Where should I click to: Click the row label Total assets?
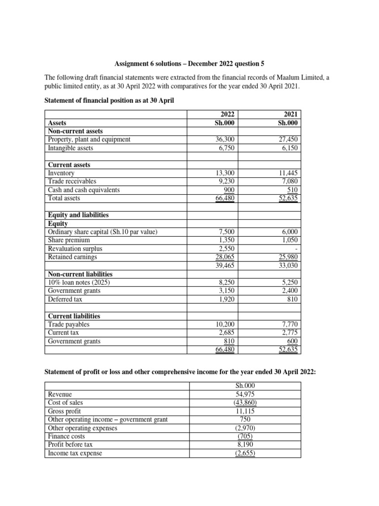[64, 198]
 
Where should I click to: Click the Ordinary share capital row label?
[102, 232]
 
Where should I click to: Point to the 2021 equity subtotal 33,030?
[289, 265]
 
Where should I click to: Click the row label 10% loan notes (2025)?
[79, 282]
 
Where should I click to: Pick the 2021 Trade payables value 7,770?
[290, 325]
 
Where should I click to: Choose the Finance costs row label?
[66, 436]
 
